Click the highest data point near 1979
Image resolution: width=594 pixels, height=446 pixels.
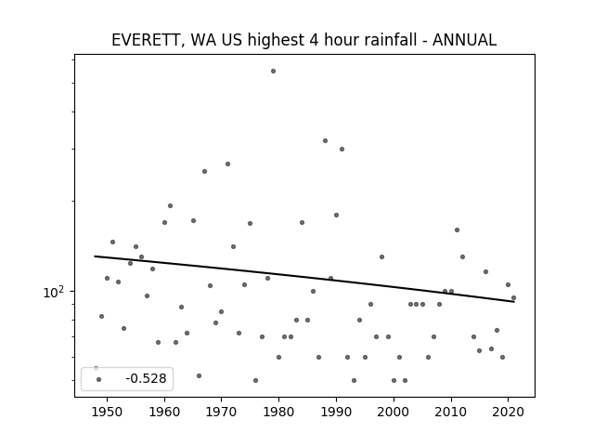(273, 71)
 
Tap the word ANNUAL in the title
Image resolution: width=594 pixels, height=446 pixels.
(464, 40)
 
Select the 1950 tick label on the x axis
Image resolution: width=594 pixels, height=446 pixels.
(107, 412)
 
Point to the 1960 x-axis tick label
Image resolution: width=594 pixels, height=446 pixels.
(164, 412)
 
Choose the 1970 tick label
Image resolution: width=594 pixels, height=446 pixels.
(222, 412)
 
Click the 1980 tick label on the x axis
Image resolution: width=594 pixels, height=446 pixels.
(278, 412)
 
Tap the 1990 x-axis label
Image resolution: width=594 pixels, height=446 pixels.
(336, 412)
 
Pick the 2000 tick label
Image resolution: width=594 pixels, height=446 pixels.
(394, 412)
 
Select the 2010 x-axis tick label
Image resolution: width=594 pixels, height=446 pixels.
(451, 412)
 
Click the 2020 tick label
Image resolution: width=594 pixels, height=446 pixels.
(508, 412)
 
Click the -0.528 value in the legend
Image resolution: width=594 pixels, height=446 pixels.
(147, 378)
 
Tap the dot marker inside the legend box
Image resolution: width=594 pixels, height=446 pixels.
(99, 379)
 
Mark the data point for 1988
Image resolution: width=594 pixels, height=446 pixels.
(325, 140)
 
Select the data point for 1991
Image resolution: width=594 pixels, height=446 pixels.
(342, 149)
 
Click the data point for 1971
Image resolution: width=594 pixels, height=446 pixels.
(227, 164)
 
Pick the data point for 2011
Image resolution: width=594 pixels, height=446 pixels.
(457, 230)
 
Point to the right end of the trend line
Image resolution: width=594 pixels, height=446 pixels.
(514, 301)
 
